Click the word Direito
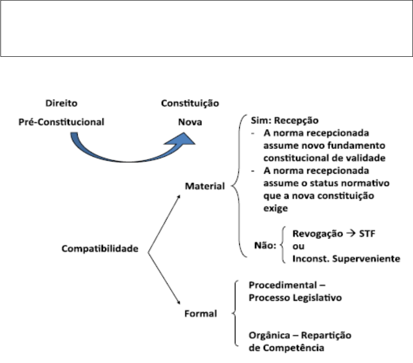point(61,103)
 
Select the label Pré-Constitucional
point(61,122)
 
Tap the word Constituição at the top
point(190,103)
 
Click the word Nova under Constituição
point(190,122)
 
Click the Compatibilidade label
point(100,248)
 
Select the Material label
point(205,186)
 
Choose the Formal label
point(200,313)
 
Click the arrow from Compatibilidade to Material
point(164,224)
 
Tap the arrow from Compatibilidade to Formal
point(164,279)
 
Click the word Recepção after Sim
point(296,121)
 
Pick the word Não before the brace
point(265,245)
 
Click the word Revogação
point(318,234)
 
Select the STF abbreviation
point(367,233)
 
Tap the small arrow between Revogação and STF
point(351,233)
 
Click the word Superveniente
point(366,259)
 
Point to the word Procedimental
point(282,285)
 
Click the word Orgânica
point(270,335)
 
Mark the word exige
point(276,209)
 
